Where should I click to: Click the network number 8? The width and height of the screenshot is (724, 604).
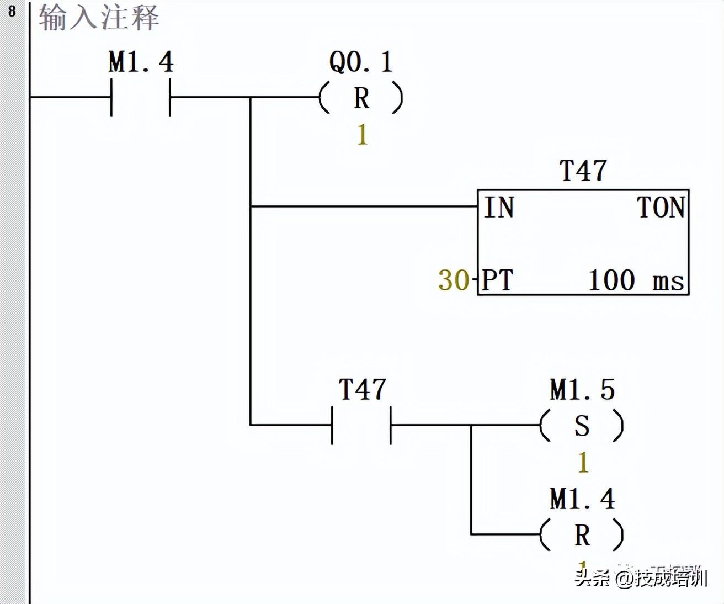[12, 10]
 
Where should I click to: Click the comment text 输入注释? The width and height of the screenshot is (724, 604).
[99, 17]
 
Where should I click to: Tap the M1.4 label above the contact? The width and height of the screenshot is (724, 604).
[141, 61]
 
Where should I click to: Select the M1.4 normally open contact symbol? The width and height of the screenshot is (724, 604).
[141, 97]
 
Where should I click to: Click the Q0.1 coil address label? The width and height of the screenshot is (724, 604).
[361, 61]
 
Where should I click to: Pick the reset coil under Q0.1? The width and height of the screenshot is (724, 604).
[361, 98]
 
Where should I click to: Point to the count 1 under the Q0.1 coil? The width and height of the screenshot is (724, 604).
[362, 135]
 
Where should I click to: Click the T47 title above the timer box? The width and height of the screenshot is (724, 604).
[583, 171]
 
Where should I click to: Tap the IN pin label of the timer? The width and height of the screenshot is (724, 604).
[499, 208]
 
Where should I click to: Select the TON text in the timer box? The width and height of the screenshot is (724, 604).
[661, 208]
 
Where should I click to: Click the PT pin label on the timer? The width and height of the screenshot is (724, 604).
[498, 280]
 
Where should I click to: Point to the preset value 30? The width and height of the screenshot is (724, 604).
[454, 280]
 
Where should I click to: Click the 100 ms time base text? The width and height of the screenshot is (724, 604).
[636, 280]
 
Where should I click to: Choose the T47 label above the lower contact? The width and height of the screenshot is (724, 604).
[362, 389]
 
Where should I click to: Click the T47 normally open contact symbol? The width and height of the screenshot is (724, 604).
[361, 425]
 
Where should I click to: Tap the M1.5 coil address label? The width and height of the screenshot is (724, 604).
[582, 389]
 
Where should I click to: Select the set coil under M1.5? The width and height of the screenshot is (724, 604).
[582, 426]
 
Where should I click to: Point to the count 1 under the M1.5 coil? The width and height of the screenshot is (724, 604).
[583, 462]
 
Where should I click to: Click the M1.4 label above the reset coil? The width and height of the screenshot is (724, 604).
[582, 499]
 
